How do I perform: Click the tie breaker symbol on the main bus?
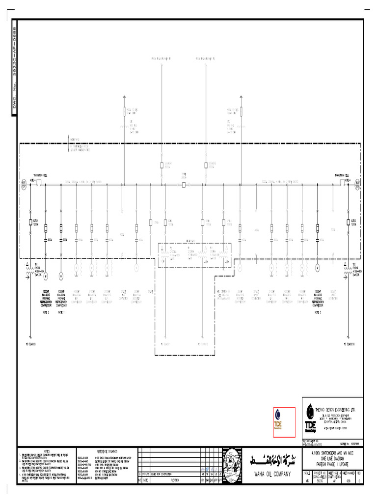pyautogui.click(x=184, y=185)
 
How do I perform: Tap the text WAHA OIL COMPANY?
pyautogui.click(x=266, y=474)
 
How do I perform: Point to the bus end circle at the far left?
pyautogui.click(x=23, y=185)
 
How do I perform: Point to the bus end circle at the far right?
pyautogui.click(x=357, y=185)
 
